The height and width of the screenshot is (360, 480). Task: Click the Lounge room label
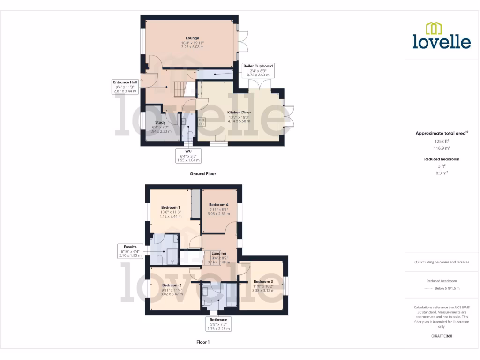click(192, 38)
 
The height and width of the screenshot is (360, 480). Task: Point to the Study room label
click(161, 122)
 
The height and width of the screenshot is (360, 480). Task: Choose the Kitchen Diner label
click(239, 112)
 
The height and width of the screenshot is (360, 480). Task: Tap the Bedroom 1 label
click(171, 207)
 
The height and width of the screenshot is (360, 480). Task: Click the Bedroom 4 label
click(218, 205)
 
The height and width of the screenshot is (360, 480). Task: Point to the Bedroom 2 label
click(172, 285)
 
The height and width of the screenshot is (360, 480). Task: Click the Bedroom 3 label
click(263, 281)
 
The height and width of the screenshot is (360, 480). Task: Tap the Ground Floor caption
click(202, 173)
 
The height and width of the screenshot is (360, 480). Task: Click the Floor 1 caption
click(202, 342)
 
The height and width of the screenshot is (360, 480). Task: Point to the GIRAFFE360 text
click(442, 336)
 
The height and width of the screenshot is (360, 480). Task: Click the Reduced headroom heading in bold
click(442, 159)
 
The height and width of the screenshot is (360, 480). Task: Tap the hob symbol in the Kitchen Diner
click(202, 121)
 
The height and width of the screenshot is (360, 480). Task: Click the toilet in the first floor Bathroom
click(207, 303)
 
